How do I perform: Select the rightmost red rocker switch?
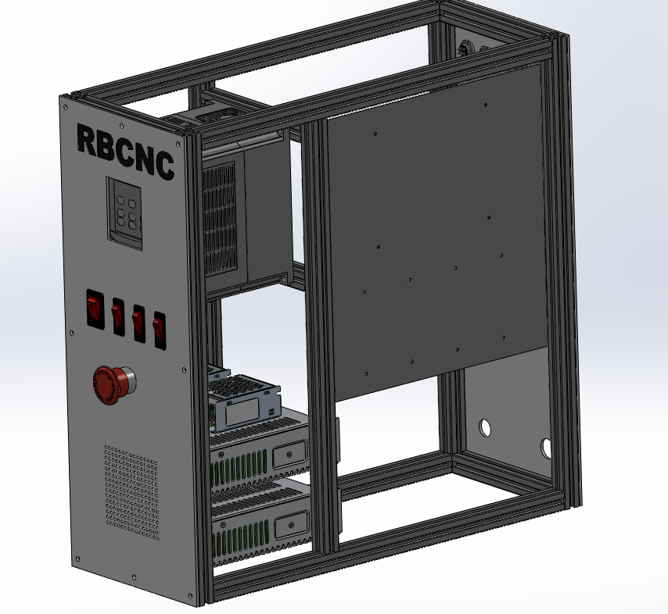[160, 329]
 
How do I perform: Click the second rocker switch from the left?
[119, 315]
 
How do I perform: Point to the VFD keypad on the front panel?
[126, 212]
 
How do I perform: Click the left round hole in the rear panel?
[485, 427]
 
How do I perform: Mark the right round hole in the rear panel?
[546, 447]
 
